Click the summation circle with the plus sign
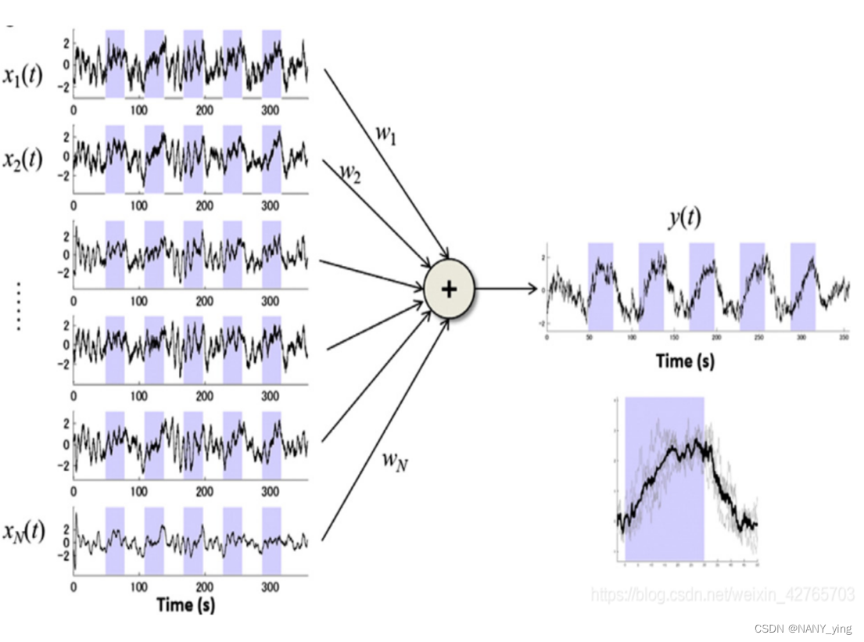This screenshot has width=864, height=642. pos(449,289)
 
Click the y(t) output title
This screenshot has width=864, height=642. pos(683,218)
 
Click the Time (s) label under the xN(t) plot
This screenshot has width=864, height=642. pos(186,604)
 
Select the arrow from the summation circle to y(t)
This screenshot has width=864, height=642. pos(507,289)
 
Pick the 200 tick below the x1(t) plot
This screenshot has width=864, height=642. pos(204,110)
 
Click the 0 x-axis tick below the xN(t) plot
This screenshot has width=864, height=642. pos(74,587)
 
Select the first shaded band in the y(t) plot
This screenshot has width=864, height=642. pos(600,286)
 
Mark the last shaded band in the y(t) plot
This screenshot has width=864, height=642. pos(802,286)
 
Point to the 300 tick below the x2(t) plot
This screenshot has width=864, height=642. pos(270,206)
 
